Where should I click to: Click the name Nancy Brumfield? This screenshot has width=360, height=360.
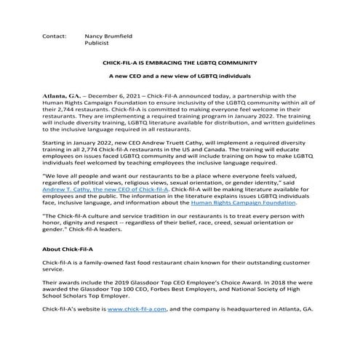point(109,35)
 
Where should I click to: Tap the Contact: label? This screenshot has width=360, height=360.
point(55,35)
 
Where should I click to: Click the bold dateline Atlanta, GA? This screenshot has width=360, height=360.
point(62,95)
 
